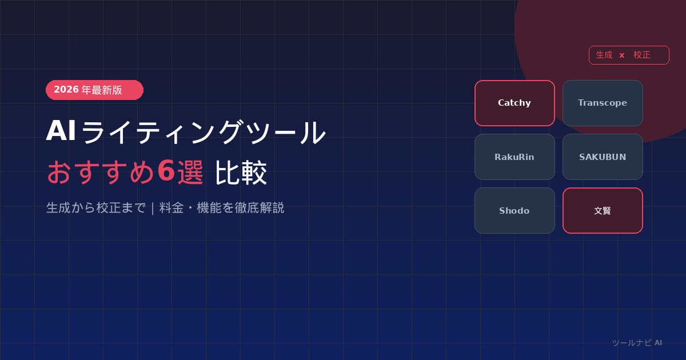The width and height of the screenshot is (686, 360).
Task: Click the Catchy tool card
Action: coord(514,103)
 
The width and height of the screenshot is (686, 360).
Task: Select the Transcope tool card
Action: coord(603,103)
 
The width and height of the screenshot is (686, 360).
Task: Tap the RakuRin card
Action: coord(514,157)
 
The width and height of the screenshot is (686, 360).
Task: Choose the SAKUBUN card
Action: coord(603,157)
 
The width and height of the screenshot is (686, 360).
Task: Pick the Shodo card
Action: coord(514,211)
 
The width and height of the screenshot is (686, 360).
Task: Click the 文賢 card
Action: coord(603,211)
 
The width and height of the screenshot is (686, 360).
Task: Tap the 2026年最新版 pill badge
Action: coord(94,90)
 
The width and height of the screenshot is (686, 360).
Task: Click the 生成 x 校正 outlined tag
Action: coord(629,55)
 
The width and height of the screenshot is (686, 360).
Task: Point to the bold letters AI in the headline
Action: coord(61,131)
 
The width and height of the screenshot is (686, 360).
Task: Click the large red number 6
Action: coord(166,171)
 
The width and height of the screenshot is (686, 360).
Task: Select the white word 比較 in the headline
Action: coord(241,173)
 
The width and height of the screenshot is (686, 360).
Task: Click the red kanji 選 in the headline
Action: coord(190,173)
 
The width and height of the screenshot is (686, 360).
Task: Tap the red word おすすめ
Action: coord(101,173)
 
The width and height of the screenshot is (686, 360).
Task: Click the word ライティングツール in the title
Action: coord(204,132)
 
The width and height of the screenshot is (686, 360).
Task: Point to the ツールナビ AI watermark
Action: coord(637,343)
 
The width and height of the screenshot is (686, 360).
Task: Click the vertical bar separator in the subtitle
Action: coord(153,209)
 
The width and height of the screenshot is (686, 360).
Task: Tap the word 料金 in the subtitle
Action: coord(171,208)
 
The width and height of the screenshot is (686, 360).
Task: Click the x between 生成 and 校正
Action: coord(622,55)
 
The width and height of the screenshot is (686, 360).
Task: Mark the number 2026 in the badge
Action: coord(66,89)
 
